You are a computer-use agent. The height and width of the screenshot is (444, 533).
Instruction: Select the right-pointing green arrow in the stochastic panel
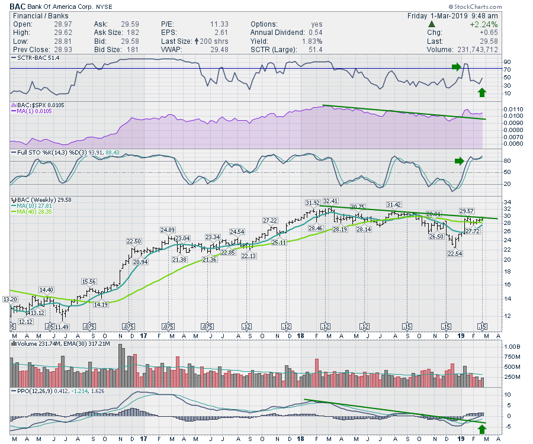coord(459,160)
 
